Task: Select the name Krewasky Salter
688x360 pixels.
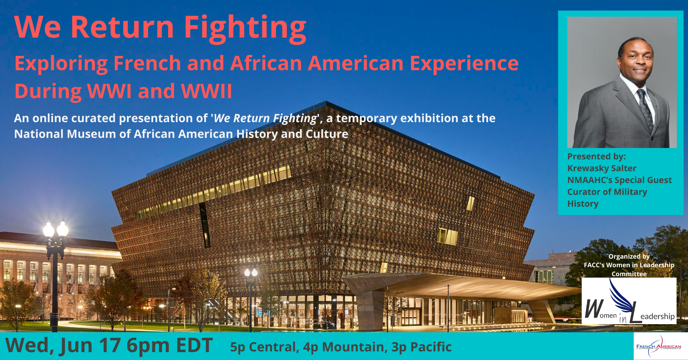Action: pos(602,168)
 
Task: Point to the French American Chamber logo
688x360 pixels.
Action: pos(659,346)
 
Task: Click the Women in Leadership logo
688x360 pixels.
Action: pos(629,301)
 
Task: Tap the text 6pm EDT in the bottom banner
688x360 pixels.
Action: pos(170,346)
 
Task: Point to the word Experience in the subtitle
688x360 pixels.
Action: pos(464,64)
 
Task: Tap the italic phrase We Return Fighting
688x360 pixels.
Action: pos(266,119)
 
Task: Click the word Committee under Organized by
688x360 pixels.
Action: pos(629,274)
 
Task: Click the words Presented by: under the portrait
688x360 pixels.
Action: pos(597,157)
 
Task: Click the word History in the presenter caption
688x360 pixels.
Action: pos(583,204)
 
